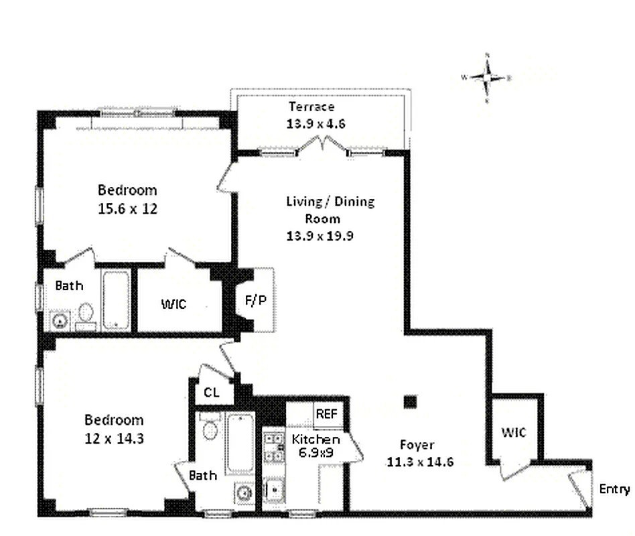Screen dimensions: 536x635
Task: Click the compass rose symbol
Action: (x=487, y=78)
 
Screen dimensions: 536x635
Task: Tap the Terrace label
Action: (x=311, y=107)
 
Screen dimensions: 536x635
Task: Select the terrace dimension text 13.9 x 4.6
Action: (x=311, y=123)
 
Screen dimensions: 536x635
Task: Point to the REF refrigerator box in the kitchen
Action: (x=326, y=414)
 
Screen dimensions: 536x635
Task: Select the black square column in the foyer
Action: (x=410, y=402)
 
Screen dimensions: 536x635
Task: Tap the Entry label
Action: (x=614, y=489)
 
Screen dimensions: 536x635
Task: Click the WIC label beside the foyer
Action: (x=514, y=433)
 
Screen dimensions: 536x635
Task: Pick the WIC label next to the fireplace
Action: (x=173, y=304)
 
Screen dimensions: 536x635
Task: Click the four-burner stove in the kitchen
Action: (x=273, y=446)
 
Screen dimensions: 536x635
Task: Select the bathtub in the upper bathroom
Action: (x=117, y=299)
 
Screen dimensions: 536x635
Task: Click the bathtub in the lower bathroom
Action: (x=239, y=443)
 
